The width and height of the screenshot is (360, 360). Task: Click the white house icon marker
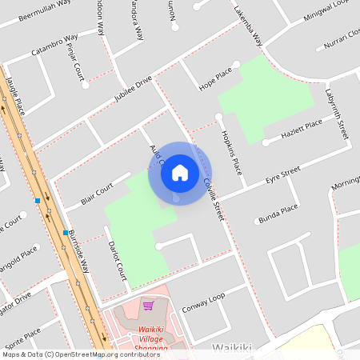point(180,173)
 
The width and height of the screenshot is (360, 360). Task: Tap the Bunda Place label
point(278,212)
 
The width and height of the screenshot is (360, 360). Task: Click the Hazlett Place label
point(302,128)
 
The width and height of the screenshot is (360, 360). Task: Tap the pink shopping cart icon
point(148,305)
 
